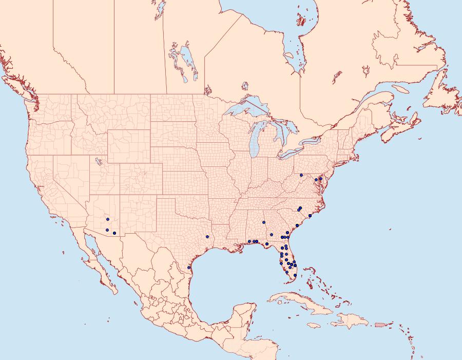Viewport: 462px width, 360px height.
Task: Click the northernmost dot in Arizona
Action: [107, 219]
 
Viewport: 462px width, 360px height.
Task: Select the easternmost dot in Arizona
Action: [114, 234]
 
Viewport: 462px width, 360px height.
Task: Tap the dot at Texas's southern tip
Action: [189, 268]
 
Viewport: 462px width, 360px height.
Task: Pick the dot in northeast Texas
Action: [207, 237]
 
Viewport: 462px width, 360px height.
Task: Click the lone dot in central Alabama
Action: [263, 222]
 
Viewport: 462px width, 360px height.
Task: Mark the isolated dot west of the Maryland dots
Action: [301, 175]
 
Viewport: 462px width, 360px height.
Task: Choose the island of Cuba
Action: [303, 302]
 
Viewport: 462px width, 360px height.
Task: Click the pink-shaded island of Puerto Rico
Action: [380, 324]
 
